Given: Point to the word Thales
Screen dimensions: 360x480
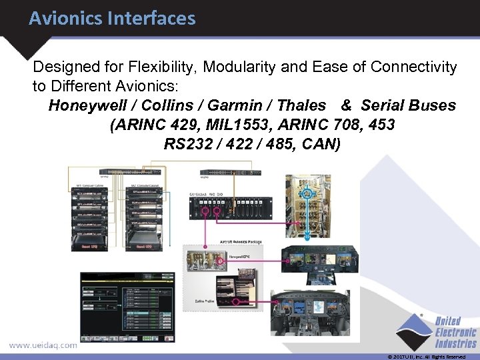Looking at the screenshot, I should (x=301, y=105).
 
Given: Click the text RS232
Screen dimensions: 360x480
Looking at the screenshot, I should (x=187, y=144).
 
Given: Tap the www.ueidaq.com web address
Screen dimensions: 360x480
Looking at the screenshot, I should (x=43, y=345).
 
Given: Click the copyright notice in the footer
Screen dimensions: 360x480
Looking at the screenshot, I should (x=427, y=357).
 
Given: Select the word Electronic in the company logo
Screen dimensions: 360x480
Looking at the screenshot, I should (x=456, y=333).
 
